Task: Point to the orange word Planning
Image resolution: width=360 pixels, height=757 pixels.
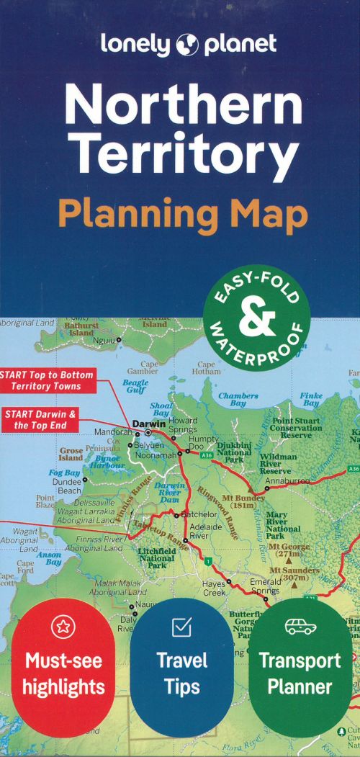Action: (x=138, y=213)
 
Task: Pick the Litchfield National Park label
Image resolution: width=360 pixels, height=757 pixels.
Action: (x=157, y=557)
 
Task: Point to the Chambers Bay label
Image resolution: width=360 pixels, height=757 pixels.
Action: (x=238, y=400)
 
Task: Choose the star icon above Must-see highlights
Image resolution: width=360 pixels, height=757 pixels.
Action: (x=63, y=627)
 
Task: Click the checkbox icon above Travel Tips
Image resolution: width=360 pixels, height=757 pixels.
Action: (x=181, y=627)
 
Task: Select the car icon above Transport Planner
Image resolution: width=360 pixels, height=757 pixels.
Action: (x=300, y=626)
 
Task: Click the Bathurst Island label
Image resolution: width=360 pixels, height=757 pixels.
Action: (x=81, y=329)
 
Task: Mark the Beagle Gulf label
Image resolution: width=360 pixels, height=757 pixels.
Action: (x=135, y=387)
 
